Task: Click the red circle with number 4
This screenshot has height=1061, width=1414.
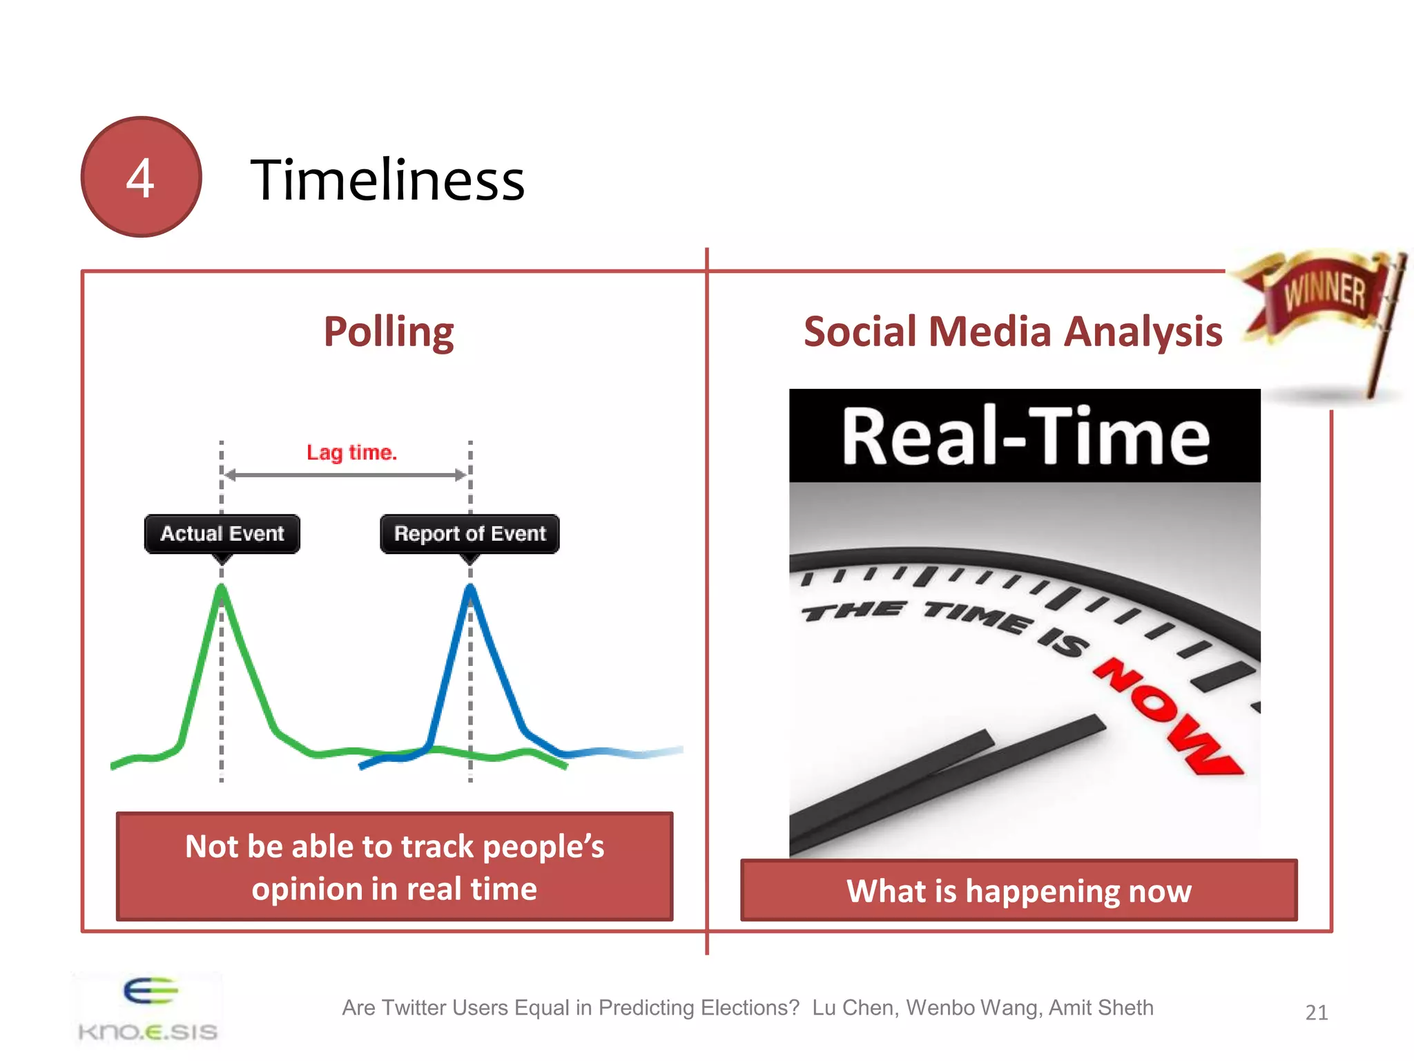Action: point(141,177)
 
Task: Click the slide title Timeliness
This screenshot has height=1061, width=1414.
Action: point(387,180)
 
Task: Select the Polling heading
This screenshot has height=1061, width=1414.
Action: point(389,332)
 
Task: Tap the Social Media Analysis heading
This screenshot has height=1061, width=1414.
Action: point(1013,332)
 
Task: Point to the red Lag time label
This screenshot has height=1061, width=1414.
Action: point(351,452)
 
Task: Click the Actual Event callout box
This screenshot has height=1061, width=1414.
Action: point(222,534)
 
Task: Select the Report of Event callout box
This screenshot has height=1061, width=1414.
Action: point(469,534)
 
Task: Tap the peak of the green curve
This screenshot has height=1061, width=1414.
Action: point(222,589)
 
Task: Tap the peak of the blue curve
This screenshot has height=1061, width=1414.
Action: point(470,589)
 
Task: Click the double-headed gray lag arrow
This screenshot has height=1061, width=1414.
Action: point(345,475)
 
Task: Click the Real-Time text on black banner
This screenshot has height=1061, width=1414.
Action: point(1025,437)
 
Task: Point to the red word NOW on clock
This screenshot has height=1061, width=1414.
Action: point(1167,715)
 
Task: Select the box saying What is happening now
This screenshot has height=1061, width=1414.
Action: point(1018,890)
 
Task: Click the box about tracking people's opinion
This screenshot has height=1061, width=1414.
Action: point(394,867)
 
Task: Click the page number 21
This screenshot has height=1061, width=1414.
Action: point(1316,1013)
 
